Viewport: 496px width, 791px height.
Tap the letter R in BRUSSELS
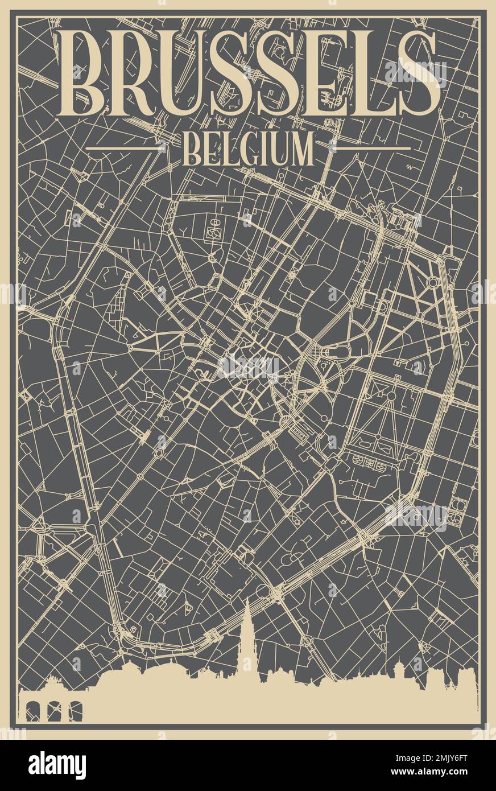pos(135,74)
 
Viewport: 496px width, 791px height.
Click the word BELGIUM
pos(248,149)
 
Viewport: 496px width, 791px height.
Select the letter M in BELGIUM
pos(301,149)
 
